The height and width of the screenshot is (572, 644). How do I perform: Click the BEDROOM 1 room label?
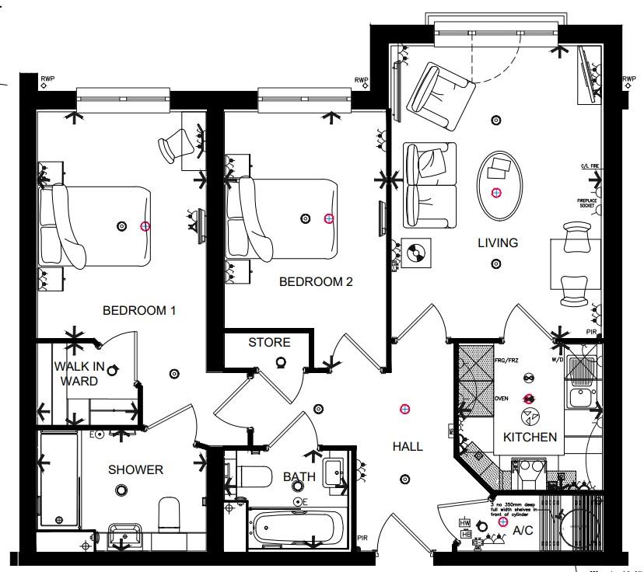click(x=139, y=311)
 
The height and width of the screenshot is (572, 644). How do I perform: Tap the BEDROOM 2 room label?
click(x=316, y=282)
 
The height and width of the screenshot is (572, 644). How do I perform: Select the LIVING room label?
click(x=498, y=243)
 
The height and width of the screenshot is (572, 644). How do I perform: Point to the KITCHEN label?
click(x=530, y=438)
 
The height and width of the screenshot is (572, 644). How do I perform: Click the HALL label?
click(x=408, y=446)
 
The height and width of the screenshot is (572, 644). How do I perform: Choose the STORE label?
click(x=269, y=343)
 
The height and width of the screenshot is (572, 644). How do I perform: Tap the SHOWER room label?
click(x=135, y=469)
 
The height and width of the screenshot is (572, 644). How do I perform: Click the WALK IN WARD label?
click(x=75, y=374)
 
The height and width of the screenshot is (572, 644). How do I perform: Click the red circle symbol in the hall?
click(x=404, y=409)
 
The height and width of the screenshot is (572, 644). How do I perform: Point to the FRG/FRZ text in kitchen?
click(x=506, y=361)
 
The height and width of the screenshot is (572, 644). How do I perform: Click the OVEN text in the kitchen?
click(x=502, y=397)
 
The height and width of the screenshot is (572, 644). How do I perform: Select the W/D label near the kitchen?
click(x=556, y=359)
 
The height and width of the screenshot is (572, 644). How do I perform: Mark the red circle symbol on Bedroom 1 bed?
click(x=145, y=226)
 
